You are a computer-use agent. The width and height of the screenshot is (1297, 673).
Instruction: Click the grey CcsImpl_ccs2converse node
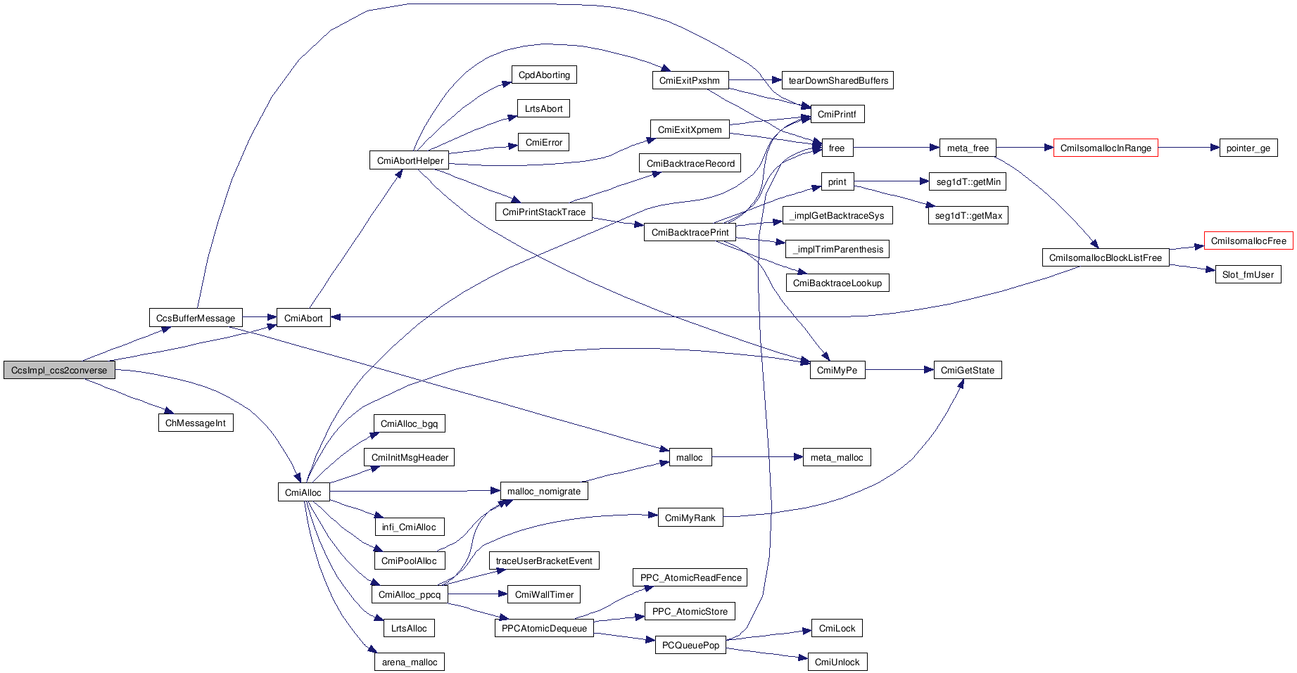click(59, 371)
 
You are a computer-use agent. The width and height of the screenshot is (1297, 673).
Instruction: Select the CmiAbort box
click(303, 318)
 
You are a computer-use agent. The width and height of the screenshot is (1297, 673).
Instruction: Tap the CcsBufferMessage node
click(196, 318)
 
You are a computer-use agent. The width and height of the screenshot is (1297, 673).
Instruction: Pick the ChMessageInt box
click(196, 423)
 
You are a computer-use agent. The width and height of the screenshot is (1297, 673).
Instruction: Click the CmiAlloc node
click(303, 492)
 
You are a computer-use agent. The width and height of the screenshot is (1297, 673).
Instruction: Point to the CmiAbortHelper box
click(410, 160)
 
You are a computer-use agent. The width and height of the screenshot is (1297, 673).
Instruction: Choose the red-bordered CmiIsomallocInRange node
click(1106, 148)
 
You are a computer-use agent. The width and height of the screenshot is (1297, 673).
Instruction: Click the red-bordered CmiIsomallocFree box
click(1248, 241)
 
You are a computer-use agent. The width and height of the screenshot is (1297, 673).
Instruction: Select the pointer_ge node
click(1248, 148)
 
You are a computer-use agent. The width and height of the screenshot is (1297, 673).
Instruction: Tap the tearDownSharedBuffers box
click(838, 80)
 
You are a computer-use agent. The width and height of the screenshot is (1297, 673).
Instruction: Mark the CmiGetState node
click(968, 370)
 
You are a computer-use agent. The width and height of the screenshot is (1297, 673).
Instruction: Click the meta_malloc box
click(837, 457)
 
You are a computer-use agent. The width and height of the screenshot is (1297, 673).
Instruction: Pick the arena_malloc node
click(410, 662)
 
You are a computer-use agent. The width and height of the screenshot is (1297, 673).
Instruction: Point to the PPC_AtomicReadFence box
click(690, 577)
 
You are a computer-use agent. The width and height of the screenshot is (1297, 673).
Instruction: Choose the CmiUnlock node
click(837, 662)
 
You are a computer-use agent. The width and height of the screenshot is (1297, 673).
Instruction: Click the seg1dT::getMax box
click(968, 215)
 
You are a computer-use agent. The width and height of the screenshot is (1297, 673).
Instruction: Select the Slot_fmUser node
click(1248, 274)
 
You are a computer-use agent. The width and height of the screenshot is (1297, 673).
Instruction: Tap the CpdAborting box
click(544, 75)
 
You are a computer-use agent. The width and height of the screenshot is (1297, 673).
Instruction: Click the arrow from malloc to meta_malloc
click(757, 457)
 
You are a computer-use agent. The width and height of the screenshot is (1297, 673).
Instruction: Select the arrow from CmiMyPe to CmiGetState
click(899, 370)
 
